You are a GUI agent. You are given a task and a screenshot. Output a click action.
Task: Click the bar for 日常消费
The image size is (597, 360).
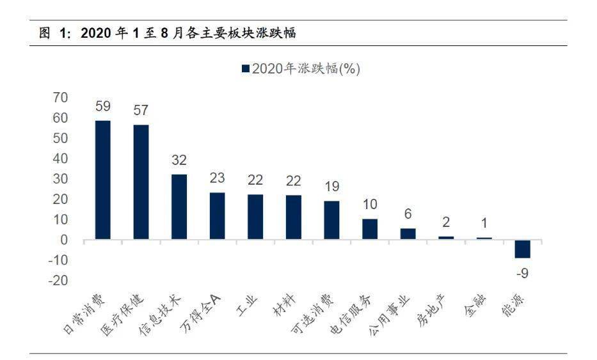pyautogui.click(x=103, y=180)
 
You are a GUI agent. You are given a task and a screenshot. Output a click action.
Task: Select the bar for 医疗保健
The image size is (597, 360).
pyautogui.click(x=141, y=182)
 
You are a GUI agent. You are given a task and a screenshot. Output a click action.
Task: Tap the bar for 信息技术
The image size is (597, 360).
pyautogui.click(x=179, y=207)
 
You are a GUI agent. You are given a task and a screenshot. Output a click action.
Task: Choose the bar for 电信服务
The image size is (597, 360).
pyautogui.click(x=370, y=229)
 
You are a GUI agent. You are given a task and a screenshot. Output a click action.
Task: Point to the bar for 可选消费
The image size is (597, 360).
pyautogui.click(x=331, y=220)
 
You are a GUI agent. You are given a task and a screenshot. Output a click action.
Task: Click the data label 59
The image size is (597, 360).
pyautogui.click(x=103, y=107)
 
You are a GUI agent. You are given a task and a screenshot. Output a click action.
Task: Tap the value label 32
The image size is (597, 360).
pyautogui.click(x=179, y=160)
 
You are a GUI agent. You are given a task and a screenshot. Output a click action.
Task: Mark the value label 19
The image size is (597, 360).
pyautogui.click(x=331, y=187)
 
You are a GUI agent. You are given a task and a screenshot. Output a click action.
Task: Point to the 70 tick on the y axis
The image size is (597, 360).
pyautogui.click(x=60, y=97)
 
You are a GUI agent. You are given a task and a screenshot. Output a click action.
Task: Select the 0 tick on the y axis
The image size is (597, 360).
pyautogui.click(x=63, y=240)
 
